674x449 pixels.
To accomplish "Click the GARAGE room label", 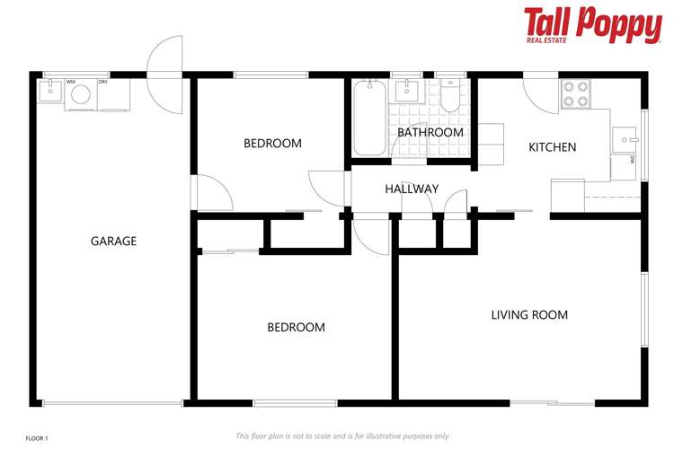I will [x=113, y=241].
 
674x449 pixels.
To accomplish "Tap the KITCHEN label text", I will [x=552, y=147].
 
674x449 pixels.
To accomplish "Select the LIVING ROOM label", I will [x=529, y=314].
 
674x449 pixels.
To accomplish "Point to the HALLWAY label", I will [x=412, y=189].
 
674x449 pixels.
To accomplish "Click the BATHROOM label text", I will [x=430, y=132].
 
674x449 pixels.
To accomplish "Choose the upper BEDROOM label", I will [x=272, y=143].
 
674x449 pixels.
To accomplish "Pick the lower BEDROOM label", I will [x=296, y=327].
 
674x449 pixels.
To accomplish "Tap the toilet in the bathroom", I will [x=450, y=94].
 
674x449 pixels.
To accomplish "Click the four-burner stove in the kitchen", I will [x=575, y=94].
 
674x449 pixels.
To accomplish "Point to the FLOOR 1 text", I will [x=36, y=438].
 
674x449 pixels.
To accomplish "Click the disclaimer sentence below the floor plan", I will [x=342, y=436].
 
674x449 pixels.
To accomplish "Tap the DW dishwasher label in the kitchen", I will [x=632, y=162].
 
